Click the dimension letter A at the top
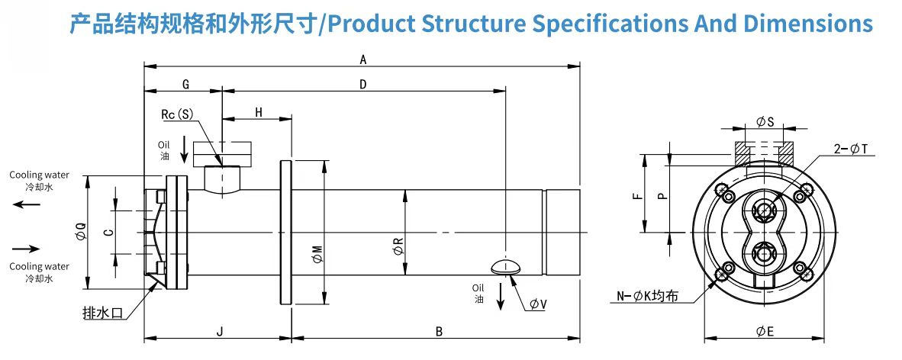pos(363,59)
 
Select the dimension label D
pos(363,85)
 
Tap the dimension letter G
pos(185,85)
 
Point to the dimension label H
pos(259,112)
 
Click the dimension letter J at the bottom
pos(219,331)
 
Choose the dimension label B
pos(439,331)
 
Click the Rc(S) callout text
pos(177,114)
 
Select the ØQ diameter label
pos(81,233)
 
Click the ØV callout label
pos(539,304)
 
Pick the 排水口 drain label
pos(103,314)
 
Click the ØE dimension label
pos(765,331)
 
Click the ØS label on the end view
pos(765,122)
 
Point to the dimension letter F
pos(636,195)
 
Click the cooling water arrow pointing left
pos(27,204)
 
